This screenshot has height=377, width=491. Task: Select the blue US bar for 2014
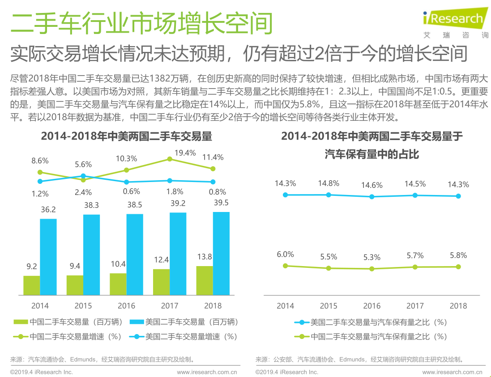coord(48,257)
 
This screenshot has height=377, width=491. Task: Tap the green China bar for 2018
coord(204,280)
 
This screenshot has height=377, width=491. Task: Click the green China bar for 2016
coord(118,284)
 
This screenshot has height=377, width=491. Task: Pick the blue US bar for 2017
coord(178,254)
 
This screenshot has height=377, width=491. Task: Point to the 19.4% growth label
coord(185,153)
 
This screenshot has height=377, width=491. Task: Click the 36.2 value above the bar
coord(48,209)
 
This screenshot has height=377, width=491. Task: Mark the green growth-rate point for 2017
coord(170,159)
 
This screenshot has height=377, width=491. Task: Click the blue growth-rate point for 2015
coord(83,176)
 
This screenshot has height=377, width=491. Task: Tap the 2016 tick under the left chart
coord(126,306)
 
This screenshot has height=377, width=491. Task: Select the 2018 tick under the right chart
coord(458,306)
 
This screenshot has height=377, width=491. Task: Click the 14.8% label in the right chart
coord(329,183)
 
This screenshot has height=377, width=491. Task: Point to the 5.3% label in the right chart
coord(371,257)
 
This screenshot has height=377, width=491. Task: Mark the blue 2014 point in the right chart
coord(285,195)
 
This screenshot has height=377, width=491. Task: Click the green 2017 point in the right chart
coord(415,267)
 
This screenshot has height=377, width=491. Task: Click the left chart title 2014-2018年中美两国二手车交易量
coord(127,136)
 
